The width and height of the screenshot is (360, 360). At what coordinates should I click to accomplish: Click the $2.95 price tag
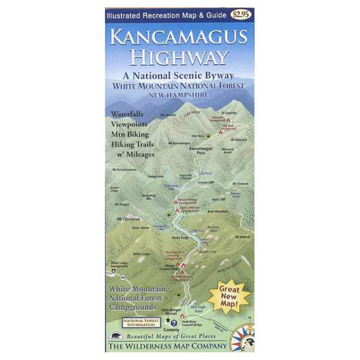(x=238, y=13)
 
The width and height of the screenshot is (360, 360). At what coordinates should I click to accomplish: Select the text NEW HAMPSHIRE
(x=180, y=96)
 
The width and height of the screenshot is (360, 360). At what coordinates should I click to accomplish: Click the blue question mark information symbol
(x=174, y=322)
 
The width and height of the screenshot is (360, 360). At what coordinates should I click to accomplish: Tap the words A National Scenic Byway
(x=180, y=76)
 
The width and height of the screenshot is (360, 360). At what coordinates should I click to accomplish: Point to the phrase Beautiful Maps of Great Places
(x=176, y=336)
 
